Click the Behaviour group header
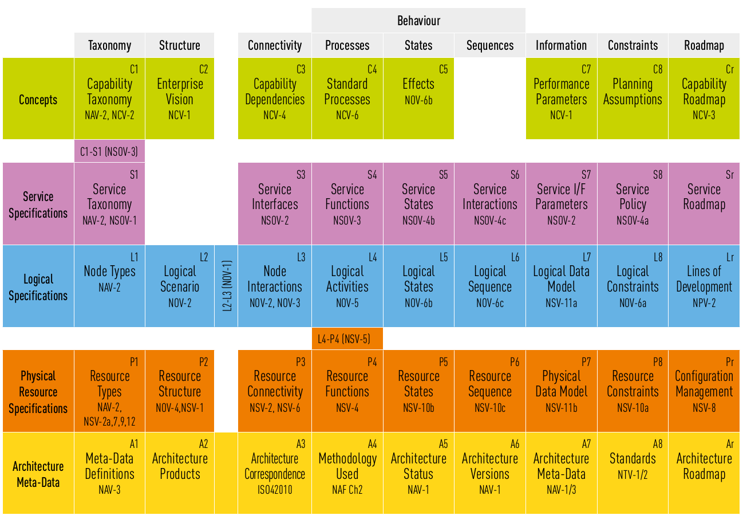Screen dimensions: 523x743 coord(418,21)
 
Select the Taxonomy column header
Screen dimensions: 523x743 coord(109,45)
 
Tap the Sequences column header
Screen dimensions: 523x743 coord(490,45)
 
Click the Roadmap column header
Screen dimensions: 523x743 coord(704,45)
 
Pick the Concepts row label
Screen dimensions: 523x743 coord(38,99)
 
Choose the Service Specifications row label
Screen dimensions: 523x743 coord(38,205)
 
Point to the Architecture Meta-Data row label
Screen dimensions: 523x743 coord(38,474)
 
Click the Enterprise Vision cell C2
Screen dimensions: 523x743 coord(180,99)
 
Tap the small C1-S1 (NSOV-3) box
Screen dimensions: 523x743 coord(109,152)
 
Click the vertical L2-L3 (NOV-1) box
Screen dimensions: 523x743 coord(226,286)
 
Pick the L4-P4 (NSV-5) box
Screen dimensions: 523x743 coord(347,339)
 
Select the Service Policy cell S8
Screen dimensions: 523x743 coord(633,204)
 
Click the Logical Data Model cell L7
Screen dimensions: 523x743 coord(561,286)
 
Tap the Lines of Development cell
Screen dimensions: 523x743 coord(704,286)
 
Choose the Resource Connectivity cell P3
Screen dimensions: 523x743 coord(275,391)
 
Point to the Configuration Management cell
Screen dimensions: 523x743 coord(704,391)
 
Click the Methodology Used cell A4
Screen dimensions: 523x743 coord(347,473)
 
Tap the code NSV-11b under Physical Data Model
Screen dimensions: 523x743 coord(561,408)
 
